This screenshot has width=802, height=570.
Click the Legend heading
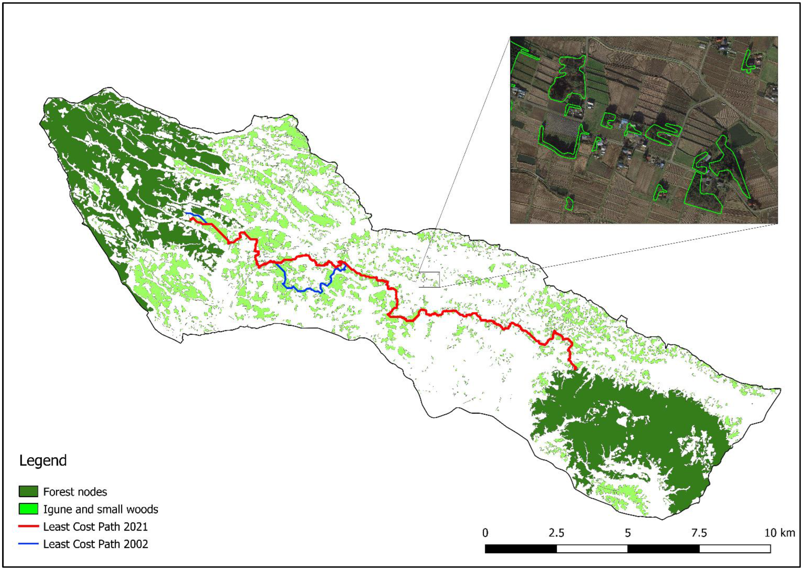43,460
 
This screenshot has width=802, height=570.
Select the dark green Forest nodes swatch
28,491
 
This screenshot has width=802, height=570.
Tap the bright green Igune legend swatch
28,509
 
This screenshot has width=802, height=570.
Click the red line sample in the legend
28,526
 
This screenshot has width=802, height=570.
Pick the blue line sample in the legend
28,544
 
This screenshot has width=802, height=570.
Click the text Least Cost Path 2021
95,526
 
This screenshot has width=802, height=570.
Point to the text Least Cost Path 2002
95,544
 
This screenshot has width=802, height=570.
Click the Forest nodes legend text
75,492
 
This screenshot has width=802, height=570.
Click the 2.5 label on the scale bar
556,533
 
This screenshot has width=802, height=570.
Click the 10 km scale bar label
779,533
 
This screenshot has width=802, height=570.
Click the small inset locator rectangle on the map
429,279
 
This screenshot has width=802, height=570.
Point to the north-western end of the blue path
186,213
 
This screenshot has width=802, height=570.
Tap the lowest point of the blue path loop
320,292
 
